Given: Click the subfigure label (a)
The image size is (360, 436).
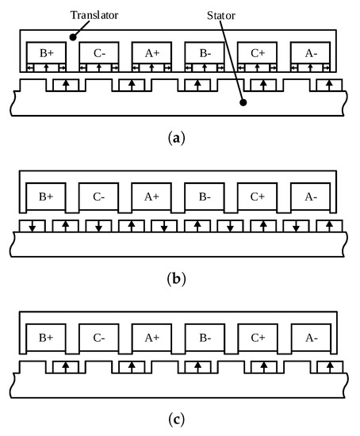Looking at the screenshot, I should click(179, 137).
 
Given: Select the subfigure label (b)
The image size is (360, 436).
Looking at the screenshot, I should click(179, 279).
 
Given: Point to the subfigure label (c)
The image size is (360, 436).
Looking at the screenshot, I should click(179, 420).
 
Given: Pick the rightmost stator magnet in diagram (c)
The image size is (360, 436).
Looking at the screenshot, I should click(327, 367).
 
